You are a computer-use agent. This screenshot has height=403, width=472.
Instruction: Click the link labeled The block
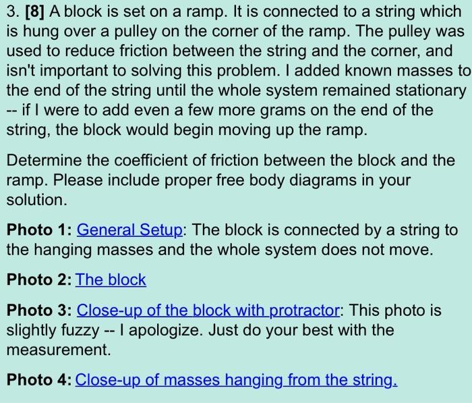pos(111,279)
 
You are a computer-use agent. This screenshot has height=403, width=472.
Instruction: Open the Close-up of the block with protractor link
pos(208,311)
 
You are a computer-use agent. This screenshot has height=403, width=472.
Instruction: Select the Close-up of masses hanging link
pos(236,379)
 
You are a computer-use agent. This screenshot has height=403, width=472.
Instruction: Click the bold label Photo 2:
pos(39,279)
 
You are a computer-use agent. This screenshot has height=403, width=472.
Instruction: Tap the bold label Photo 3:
pos(39,311)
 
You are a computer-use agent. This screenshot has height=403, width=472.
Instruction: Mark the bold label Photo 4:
pos(39,379)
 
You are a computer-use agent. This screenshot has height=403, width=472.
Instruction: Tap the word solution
pos(33,200)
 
